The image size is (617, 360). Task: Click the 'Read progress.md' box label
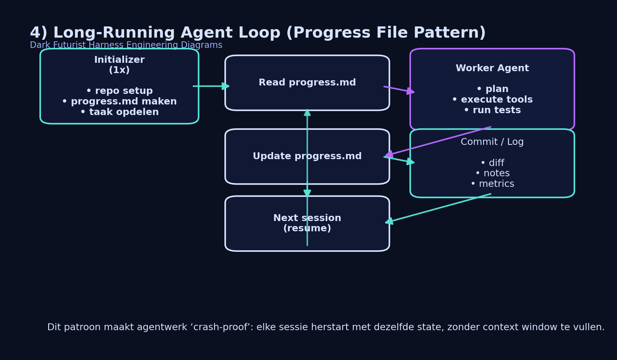coord(307,83)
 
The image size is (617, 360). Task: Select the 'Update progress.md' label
coord(307,156)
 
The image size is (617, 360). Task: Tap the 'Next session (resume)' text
coord(307,223)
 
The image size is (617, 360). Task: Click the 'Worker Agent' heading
coord(492,68)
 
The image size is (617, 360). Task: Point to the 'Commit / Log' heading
coord(492,142)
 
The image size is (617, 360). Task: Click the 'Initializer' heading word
coord(119,60)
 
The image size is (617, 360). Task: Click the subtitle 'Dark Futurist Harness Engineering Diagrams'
coord(126,45)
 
